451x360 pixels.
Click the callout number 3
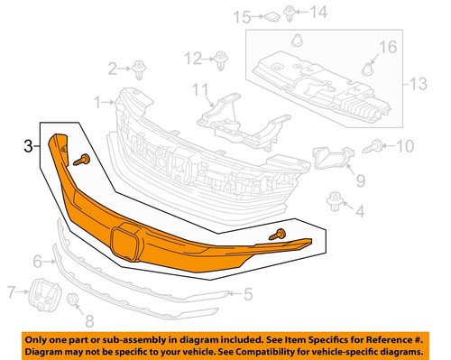coord(30,143)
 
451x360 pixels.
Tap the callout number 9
coord(360,181)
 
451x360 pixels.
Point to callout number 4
coord(360,213)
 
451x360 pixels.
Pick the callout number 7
coord(12,292)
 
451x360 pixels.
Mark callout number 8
coord(87,320)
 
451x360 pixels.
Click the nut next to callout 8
coord(73,300)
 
